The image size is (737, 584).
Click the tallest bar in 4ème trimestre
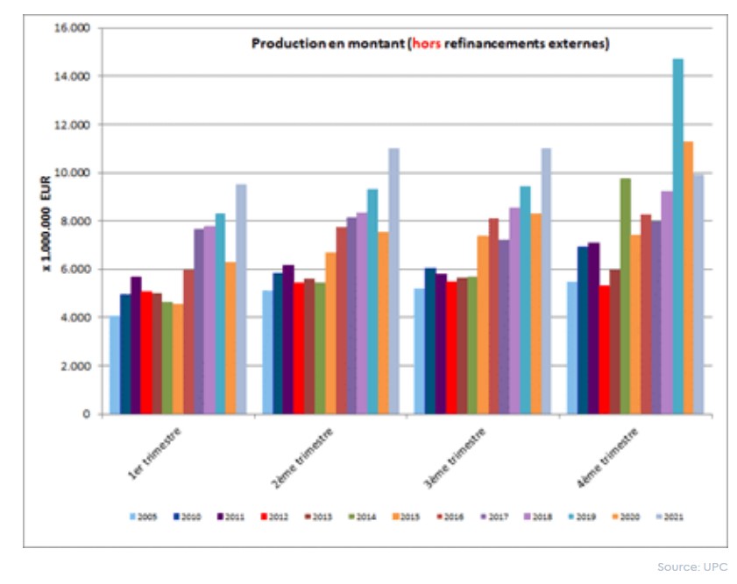coord(677,236)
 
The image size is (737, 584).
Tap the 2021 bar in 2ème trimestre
coord(393,281)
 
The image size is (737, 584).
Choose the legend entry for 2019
coord(584,516)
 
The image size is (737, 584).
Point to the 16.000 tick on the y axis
coord(76,28)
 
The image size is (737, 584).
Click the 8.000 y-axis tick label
coord(79,222)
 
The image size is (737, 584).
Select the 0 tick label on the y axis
coord(87,414)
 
